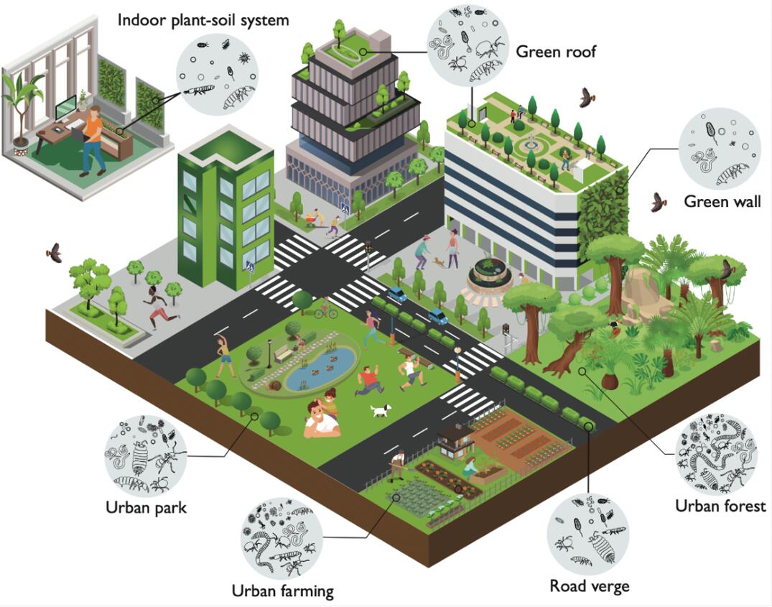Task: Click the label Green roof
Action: coord(556,52)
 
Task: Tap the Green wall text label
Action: coord(720,200)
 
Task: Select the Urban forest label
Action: coord(720,506)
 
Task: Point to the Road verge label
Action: coord(589,585)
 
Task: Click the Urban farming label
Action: coord(282,591)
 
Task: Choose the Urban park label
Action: coord(146,507)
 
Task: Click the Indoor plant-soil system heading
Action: coord(203,19)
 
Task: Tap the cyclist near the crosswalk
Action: coord(325,310)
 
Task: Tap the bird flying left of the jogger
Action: coord(52,252)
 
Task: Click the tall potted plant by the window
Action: coord(19,108)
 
